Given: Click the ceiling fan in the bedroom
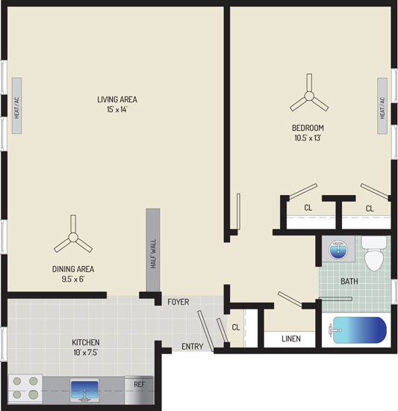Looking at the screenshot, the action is click(309, 96).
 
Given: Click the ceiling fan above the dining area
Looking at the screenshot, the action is click(73, 237).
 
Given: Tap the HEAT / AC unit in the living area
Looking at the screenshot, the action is click(16, 105).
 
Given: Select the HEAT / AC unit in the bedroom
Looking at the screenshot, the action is click(382, 106).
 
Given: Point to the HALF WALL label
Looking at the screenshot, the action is click(153, 254).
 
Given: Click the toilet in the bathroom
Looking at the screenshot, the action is click(374, 253).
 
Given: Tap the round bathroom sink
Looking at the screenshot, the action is click(338, 249).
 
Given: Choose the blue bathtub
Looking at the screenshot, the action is click(359, 330).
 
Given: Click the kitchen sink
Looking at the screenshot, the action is click(84, 390).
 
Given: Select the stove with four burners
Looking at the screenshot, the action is click(25, 389).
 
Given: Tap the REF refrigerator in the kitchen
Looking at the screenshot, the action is click(139, 390).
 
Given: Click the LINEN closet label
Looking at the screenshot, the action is click(291, 339).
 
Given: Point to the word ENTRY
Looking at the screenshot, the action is click(193, 347).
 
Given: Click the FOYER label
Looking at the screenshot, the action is click(178, 302).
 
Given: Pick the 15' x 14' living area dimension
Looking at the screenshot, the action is click(116, 110).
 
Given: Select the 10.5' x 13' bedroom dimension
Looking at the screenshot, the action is click(308, 138).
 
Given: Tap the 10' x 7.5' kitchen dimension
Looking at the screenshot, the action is click(86, 353).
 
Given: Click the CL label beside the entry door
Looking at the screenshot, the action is click(236, 327).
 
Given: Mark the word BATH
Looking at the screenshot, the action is click(349, 282).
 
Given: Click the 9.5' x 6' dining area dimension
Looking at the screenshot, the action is click(73, 279).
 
